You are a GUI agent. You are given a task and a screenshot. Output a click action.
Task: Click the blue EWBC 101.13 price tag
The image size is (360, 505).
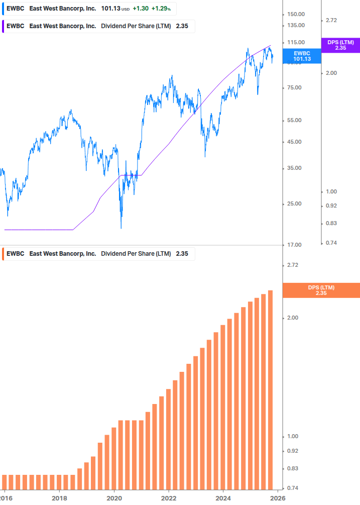tap(302, 56)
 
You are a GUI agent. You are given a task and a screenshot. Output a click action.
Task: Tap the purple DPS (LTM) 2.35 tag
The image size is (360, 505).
tap(340, 45)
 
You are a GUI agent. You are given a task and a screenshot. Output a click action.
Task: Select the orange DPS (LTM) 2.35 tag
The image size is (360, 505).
tap(321, 290)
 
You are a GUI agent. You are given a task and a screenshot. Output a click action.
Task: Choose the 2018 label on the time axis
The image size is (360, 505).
tap(59, 498)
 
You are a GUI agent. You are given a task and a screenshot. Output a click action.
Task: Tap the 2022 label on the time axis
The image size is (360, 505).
tap(169, 498)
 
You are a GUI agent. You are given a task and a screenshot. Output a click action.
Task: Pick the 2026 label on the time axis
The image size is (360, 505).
tap(278, 498)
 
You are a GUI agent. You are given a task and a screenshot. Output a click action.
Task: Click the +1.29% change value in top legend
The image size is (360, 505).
tap(161, 9)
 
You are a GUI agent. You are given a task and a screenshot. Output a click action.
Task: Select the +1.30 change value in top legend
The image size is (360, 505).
tap(141, 9)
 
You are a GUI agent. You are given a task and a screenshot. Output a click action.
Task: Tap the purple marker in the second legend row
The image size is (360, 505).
tap(3, 26)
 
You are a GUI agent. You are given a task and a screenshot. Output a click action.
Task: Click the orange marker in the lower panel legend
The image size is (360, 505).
tap(3, 254)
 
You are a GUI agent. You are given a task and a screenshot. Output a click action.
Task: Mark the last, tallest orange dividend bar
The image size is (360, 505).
tap(270, 389)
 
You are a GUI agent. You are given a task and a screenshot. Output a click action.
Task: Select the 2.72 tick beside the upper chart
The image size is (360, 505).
tap(331, 20)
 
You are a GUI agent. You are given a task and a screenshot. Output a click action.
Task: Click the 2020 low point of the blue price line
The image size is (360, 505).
tap(122, 228)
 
